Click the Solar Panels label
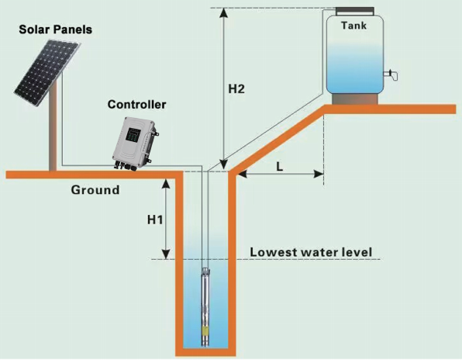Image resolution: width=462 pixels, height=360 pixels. (x=55, y=29)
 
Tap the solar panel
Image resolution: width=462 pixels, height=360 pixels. (x=47, y=73)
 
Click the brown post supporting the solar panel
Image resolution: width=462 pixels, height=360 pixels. (x=53, y=126)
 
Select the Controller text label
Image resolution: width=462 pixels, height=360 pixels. (x=136, y=105)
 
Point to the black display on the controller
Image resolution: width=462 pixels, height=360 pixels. (x=133, y=135)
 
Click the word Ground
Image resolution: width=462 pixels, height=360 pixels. (x=95, y=190)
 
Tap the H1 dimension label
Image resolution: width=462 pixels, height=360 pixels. (x=155, y=220)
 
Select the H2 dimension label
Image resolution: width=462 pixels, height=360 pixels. (x=236, y=88)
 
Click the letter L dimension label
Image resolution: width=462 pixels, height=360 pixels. (x=279, y=167)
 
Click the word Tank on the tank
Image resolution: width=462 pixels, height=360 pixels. (x=354, y=26)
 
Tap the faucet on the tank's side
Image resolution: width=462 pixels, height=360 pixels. (x=391, y=74)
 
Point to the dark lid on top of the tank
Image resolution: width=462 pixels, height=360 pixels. (x=355, y=11)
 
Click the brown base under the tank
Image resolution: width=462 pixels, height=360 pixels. (x=355, y=99)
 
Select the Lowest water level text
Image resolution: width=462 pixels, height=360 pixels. (x=311, y=252)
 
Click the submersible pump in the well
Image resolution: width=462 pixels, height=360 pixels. (x=205, y=306)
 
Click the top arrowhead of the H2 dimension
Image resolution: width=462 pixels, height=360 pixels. (x=224, y=12)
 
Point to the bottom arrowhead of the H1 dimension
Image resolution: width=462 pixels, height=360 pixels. (x=167, y=254)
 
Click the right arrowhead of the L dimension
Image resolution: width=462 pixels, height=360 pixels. (x=319, y=174)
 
